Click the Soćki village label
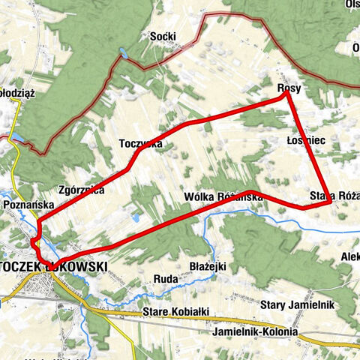[x=163, y=36]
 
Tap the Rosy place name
[x=289, y=88]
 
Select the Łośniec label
[x=304, y=140]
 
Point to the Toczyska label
[x=140, y=144]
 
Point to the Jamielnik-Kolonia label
[x=255, y=331]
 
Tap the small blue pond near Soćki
[x=122, y=53]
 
